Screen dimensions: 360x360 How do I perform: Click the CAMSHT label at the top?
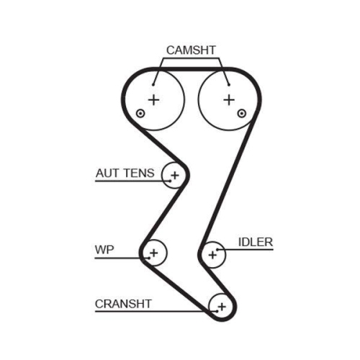pyautogui.click(x=191, y=50)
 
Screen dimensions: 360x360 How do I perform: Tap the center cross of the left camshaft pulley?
pyautogui.click(x=153, y=99)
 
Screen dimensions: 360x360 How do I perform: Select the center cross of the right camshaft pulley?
pyautogui.click(x=228, y=99)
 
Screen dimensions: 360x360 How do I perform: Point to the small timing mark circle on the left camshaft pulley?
pyautogui.click(x=140, y=114)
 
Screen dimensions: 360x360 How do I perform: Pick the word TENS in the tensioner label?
pyautogui.click(x=138, y=174)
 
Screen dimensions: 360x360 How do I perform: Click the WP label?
pyautogui.click(x=104, y=251)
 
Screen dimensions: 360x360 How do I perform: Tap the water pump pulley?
pyautogui.click(x=153, y=253)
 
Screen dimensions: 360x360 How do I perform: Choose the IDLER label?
pyautogui.click(x=256, y=242)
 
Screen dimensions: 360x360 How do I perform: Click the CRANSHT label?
pyautogui.click(x=123, y=303)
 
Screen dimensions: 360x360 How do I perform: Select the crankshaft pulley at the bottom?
pyautogui.click(x=221, y=307)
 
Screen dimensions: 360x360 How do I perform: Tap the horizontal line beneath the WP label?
pyautogui.click(x=119, y=258)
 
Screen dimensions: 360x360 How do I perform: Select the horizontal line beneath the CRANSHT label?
pyautogui.click(x=144, y=311)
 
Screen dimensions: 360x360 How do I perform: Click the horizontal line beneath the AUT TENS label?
pyautogui.click(x=130, y=181)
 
